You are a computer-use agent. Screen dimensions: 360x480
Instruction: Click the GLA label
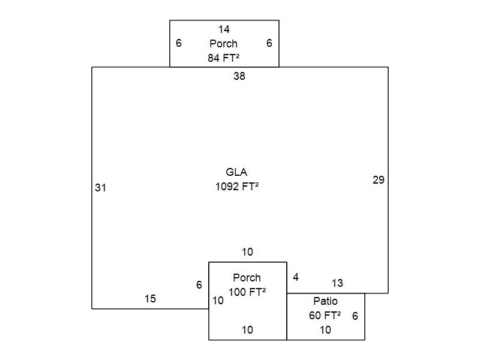236,173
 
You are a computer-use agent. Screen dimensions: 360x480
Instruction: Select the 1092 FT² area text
236,187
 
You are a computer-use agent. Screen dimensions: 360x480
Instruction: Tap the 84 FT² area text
224,58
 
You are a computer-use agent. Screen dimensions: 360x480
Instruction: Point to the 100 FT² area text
247,292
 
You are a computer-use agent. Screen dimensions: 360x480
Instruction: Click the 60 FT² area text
325,315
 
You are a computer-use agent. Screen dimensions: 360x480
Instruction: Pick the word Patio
325,301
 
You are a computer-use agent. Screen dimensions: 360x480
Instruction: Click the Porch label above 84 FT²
224,44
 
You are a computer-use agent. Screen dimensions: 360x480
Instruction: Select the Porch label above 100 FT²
247,278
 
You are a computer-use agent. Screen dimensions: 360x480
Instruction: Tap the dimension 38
239,76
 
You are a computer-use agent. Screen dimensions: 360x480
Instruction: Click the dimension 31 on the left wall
100,188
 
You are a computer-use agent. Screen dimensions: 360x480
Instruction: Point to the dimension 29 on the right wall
379,180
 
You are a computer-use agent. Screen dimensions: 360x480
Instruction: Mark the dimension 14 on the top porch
224,29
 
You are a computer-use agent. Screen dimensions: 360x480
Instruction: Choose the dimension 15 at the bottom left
150,299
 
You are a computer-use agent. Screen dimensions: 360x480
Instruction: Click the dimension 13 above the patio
337,283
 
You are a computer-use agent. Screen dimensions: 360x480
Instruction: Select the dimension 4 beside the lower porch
295,277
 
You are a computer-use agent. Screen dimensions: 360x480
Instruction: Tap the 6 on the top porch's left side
179,43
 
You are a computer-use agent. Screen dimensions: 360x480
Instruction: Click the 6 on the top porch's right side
269,43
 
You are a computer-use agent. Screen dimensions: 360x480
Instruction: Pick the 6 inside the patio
355,316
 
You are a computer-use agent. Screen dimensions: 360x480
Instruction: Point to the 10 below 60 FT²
325,329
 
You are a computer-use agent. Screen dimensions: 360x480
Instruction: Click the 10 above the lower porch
247,252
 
